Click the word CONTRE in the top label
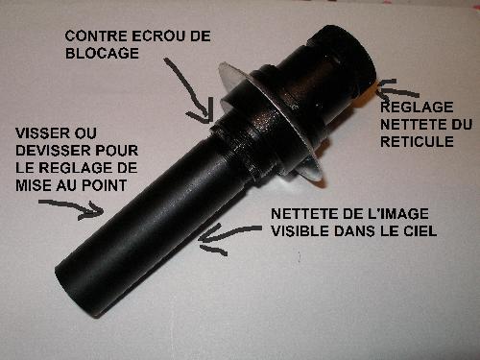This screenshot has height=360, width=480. point(96,36)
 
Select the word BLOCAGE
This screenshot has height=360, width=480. point(102,53)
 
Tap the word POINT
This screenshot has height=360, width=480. point(105,185)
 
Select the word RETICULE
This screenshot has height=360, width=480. point(417,141)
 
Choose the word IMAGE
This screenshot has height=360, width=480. point(404,214)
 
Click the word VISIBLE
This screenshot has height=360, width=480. point(300,231)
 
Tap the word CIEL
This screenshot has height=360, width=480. point(421,231)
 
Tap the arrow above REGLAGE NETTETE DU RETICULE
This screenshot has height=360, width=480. point(396,89)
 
